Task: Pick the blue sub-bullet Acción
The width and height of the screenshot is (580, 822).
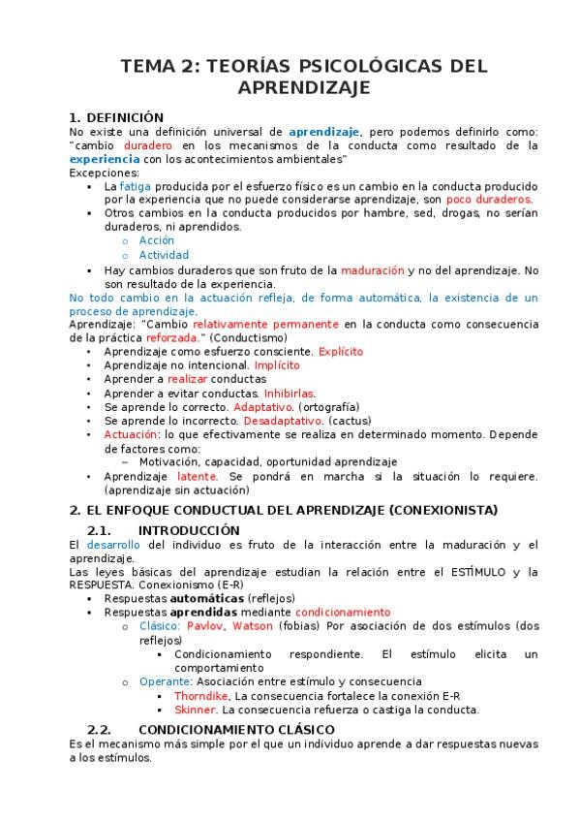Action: (157, 239)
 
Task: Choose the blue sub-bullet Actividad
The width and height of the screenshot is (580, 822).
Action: (164, 255)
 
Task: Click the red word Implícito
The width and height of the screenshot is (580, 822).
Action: (277, 365)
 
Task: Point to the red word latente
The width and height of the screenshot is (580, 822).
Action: (199, 477)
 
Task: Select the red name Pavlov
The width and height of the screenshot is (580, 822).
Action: (205, 626)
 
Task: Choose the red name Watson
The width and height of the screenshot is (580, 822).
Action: (252, 626)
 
